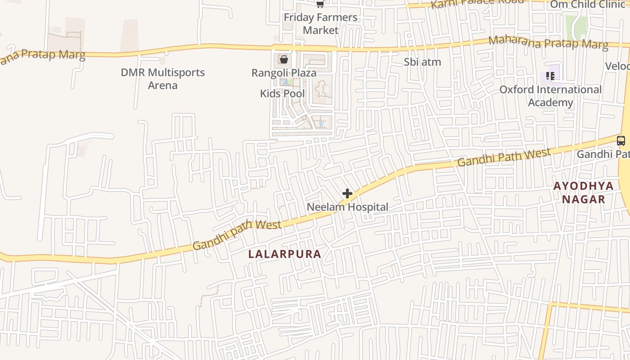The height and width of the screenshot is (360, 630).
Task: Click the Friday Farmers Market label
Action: click(x=320, y=24)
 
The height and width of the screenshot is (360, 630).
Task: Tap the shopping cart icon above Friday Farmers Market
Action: click(x=320, y=4)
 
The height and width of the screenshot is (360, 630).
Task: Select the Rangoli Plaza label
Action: click(x=283, y=73)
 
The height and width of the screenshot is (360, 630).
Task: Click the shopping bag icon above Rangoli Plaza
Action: click(x=284, y=59)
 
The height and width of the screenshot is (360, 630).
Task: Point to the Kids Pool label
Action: click(x=282, y=94)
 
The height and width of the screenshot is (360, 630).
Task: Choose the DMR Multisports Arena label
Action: click(x=162, y=79)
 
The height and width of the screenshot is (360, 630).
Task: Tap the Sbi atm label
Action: click(x=422, y=62)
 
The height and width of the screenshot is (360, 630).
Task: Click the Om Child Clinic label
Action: click(x=588, y=4)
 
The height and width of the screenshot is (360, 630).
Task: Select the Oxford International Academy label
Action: click(x=550, y=96)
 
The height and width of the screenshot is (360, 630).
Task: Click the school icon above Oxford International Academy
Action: click(x=550, y=76)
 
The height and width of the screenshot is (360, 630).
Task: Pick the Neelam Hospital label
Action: click(x=347, y=207)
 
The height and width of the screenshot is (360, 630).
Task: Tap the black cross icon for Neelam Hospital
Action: click(x=347, y=193)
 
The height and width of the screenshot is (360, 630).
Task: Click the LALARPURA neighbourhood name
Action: click(x=285, y=254)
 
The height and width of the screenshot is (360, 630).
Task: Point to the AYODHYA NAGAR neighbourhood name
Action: click(x=583, y=193)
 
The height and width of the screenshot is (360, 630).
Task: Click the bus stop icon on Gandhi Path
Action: click(x=621, y=140)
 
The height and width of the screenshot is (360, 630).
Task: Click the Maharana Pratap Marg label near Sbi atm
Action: click(x=548, y=43)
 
